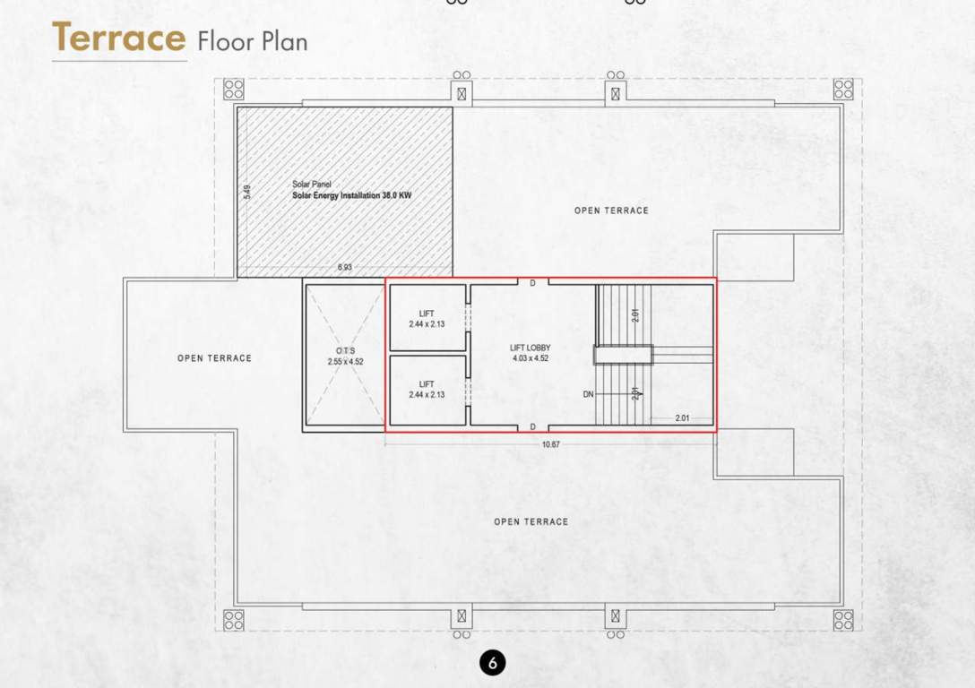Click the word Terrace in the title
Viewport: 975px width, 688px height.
coord(118,39)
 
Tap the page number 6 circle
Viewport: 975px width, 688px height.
coord(492,662)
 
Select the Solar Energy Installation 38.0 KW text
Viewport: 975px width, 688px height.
coord(351,194)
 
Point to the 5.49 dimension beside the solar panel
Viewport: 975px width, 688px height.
coord(246,192)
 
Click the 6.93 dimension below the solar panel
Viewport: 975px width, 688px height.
coord(345,267)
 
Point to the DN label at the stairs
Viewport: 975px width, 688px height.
coord(588,394)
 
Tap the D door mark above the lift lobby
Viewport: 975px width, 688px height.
coord(532,283)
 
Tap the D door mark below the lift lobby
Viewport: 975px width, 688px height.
coord(532,426)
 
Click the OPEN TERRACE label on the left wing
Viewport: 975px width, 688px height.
coord(214,358)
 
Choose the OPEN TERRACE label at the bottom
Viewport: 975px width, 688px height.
coord(531,521)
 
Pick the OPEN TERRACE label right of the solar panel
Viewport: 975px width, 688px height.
coord(611,211)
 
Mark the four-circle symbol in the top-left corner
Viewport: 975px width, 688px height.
coord(234,89)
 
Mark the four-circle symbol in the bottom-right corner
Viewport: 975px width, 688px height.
coord(843,620)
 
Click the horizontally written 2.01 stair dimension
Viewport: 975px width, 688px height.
coord(684,417)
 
